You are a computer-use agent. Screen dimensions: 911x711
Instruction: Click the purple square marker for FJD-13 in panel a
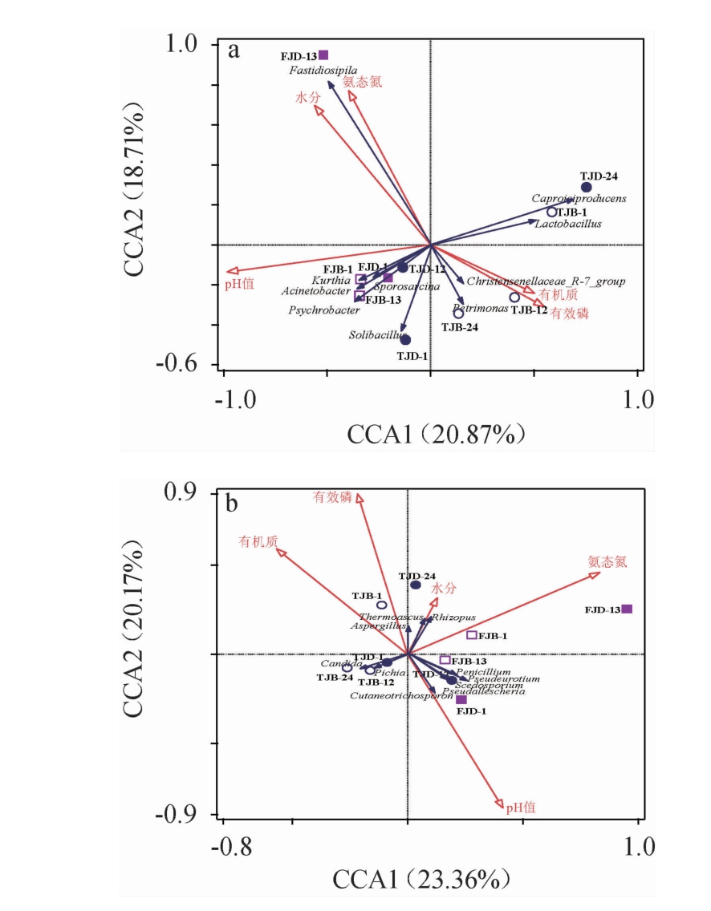pos(323,55)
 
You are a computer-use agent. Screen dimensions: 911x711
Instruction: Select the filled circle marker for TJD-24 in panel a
pos(587,188)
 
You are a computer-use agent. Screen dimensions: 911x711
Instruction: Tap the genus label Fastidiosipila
pos(323,71)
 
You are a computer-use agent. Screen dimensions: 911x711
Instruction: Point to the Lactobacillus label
pos(568,225)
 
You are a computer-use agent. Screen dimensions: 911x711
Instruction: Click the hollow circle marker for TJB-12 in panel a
pos(514,298)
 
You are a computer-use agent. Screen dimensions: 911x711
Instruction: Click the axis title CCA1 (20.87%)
pos(437,434)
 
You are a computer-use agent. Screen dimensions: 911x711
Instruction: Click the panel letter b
pos(232,505)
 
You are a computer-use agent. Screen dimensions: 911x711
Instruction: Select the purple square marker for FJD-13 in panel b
pos(628,609)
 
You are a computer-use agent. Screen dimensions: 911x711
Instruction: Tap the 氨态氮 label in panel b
pos(607,561)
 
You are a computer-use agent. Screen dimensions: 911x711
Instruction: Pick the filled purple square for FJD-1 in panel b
pos(461,699)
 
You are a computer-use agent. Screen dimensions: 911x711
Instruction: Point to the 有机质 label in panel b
pos(258,542)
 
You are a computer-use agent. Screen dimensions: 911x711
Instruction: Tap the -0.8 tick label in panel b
pos(238,847)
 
